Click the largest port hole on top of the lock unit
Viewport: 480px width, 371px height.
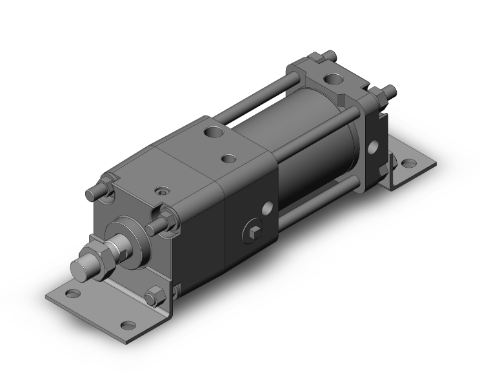point(212,134)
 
